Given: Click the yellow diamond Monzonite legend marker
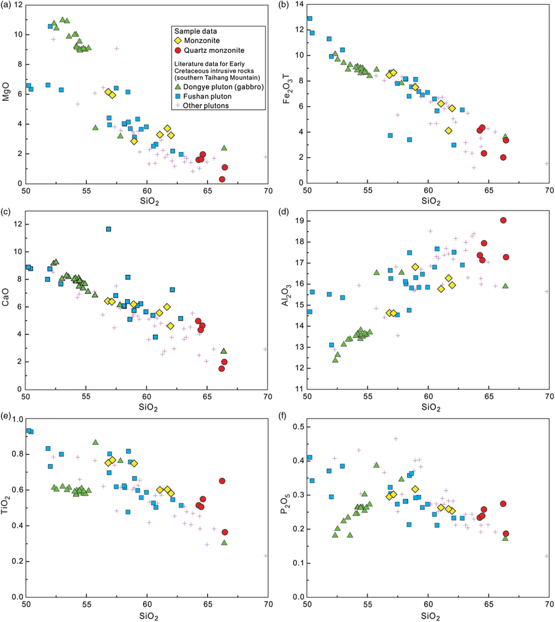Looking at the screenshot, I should (x=178, y=41).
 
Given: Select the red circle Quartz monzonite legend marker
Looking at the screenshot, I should (x=178, y=50).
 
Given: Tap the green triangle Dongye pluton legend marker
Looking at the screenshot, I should (x=178, y=87).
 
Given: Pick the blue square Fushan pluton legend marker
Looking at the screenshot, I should (x=178, y=96).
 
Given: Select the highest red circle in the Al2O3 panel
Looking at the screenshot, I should (x=503, y=220).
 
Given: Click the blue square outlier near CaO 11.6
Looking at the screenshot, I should (x=109, y=229).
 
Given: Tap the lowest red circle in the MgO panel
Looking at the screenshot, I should (x=222, y=179).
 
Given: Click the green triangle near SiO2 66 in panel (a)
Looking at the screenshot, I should (x=224, y=148).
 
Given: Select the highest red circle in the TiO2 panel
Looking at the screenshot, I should (x=222, y=481).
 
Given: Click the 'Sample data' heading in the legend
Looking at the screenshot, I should (x=195, y=31).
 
